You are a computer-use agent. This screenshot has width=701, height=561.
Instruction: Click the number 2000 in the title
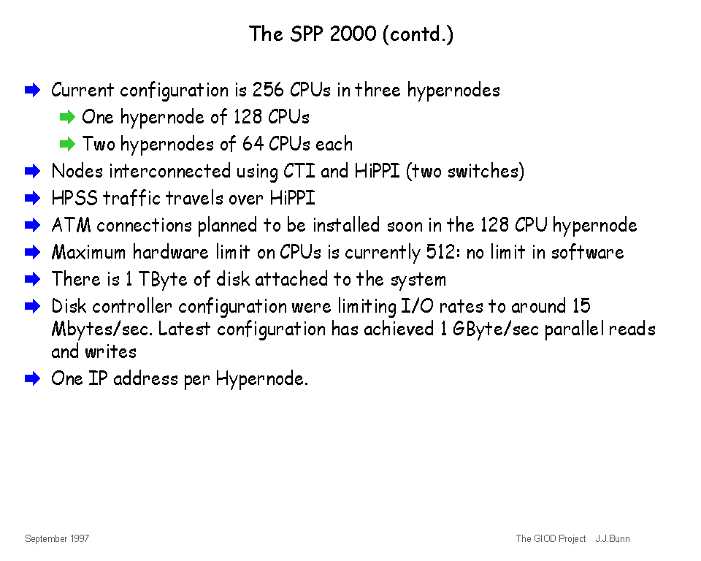click(x=353, y=34)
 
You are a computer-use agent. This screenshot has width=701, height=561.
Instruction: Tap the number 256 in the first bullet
click(x=268, y=90)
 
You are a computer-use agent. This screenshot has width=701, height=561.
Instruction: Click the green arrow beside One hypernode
click(x=67, y=117)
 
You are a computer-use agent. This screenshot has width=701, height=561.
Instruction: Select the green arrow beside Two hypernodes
click(x=67, y=144)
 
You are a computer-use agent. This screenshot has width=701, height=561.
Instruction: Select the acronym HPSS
click(x=74, y=198)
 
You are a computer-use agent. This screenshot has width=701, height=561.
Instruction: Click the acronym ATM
click(x=71, y=225)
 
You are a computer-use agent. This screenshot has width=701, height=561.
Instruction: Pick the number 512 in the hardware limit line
click(x=443, y=252)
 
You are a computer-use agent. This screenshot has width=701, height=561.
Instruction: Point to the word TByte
click(x=163, y=279)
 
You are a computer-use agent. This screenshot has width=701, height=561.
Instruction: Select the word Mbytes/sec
click(x=102, y=329)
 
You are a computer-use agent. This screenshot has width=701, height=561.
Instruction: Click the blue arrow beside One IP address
click(x=33, y=379)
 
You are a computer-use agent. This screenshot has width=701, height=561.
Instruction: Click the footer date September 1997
click(x=57, y=538)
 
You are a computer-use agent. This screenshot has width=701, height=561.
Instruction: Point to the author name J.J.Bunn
click(x=613, y=538)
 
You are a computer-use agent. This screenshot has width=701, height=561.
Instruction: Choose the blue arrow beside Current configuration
click(x=33, y=90)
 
